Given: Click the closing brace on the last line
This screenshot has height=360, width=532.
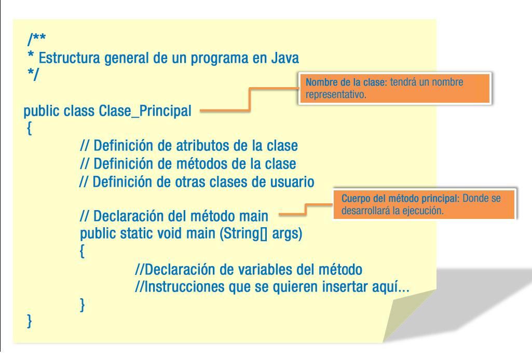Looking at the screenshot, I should [x=30, y=323].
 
